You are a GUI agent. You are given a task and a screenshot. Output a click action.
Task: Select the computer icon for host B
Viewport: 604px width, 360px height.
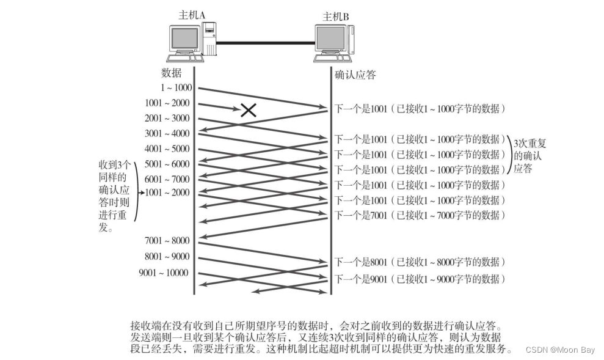pyautogui.click(x=333, y=44)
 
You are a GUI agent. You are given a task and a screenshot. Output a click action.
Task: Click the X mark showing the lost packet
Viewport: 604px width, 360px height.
pyautogui.click(x=247, y=109)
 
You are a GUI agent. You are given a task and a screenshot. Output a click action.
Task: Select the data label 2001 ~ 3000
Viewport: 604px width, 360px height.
pyautogui.click(x=167, y=118)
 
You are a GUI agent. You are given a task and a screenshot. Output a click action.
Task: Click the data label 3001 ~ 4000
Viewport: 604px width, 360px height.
pyautogui.click(x=167, y=133)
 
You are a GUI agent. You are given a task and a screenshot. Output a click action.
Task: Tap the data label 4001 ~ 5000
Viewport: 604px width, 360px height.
pyautogui.click(x=167, y=149)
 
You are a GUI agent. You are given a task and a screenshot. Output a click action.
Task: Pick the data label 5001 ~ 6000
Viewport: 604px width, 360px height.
pyautogui.click(x=167, y=164)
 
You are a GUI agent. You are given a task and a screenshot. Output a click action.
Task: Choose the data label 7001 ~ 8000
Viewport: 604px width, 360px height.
pyautogui.click(x=167, y=240)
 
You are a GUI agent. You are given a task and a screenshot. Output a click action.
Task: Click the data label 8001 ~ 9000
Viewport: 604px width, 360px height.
pyautogui.click(x=167, y=256)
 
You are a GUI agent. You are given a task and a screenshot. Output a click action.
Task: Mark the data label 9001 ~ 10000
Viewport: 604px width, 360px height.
pyautogui.click(x=164, y=273)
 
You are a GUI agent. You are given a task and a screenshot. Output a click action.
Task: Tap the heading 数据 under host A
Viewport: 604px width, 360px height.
pyautogui.click(x=171, y=73)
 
